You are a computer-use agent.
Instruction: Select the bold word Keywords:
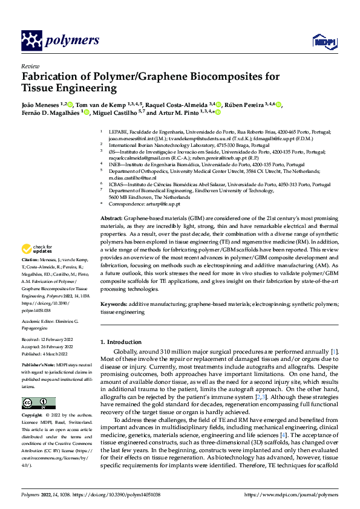tap(113, 305)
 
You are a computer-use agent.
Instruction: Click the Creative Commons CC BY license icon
tap(39, 403)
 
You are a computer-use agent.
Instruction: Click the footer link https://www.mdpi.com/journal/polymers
tap(293, 494)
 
